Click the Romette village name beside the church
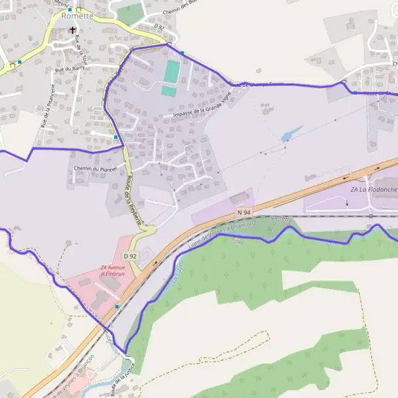(77, 16)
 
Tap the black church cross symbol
(72, 30)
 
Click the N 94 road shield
(244, 212)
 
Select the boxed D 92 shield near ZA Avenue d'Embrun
(130, 255)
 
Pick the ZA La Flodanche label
(373, 190)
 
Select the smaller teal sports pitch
(168, 92)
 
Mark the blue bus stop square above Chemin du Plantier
(116, 137)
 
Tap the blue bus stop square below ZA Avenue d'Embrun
(117, 306)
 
